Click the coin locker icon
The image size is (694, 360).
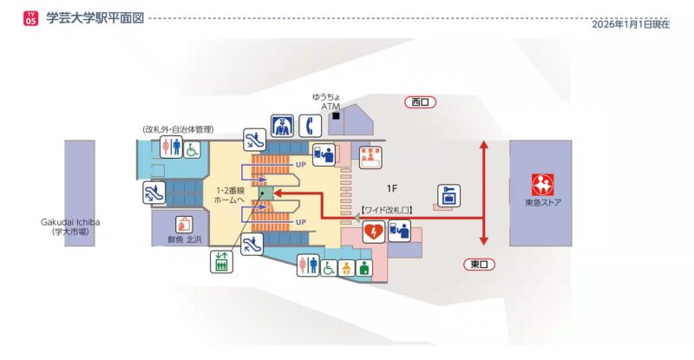point(448,194)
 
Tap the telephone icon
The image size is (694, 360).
point(310,126)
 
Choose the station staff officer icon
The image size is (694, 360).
point(280,126)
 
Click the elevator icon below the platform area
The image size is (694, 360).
point(220,262)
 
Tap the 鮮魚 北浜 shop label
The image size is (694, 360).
point(183,239)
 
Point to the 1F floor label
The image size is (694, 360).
point(391,187)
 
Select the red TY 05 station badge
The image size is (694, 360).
point(31,18)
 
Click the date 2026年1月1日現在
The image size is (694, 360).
point(631,24)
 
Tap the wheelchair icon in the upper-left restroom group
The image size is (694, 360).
point(191,148)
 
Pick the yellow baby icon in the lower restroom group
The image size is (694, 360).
point(346,267)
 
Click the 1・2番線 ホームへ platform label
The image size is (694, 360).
point(232,194)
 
